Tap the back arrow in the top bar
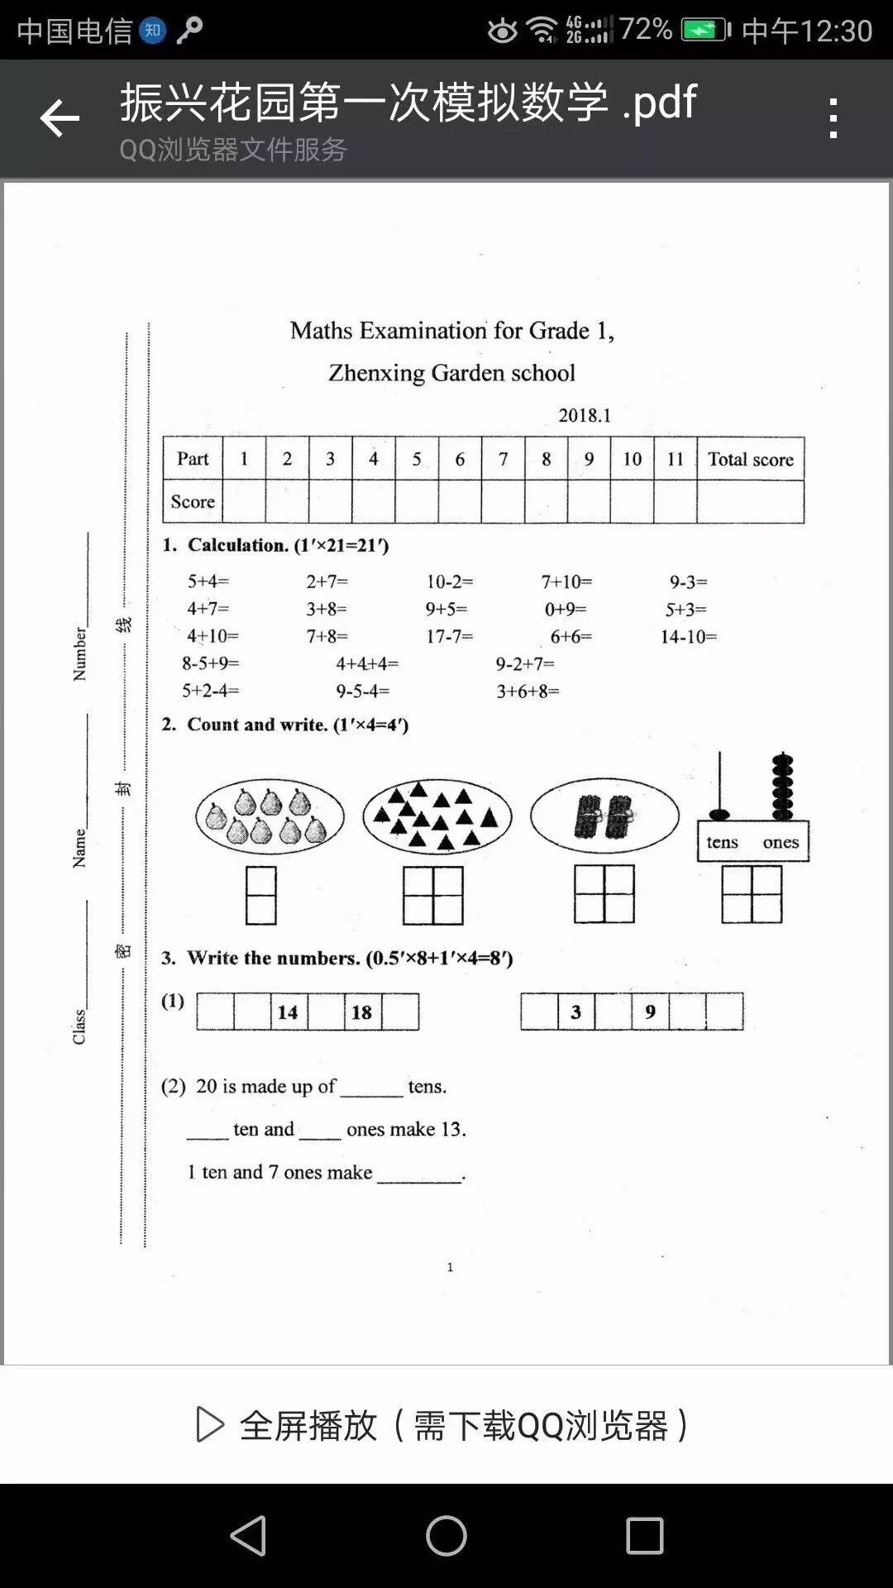[x=60, y=118]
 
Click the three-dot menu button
[x=833, y=118]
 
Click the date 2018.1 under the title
[x=585, y=415]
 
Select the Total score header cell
[x=750, y=459]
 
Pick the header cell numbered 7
[x=503, y=459]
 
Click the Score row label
[x=193, y=502]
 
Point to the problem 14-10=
[x=688, y=637]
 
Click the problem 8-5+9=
[x=211, y=663]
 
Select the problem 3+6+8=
[x=528, y=691]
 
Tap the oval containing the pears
[x=270, y=817]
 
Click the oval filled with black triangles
[x=437, y=817]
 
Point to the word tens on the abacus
[x=722, y=843]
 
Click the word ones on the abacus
[x=781, y=843]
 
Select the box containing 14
[x=288, y=1012]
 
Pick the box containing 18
[x=362, y=1012]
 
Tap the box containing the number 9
[x=651, y=1012]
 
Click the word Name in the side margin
[x=79, y=848]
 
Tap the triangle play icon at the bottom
[x=210, y=1425]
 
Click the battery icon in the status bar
[x=704, y=31]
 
